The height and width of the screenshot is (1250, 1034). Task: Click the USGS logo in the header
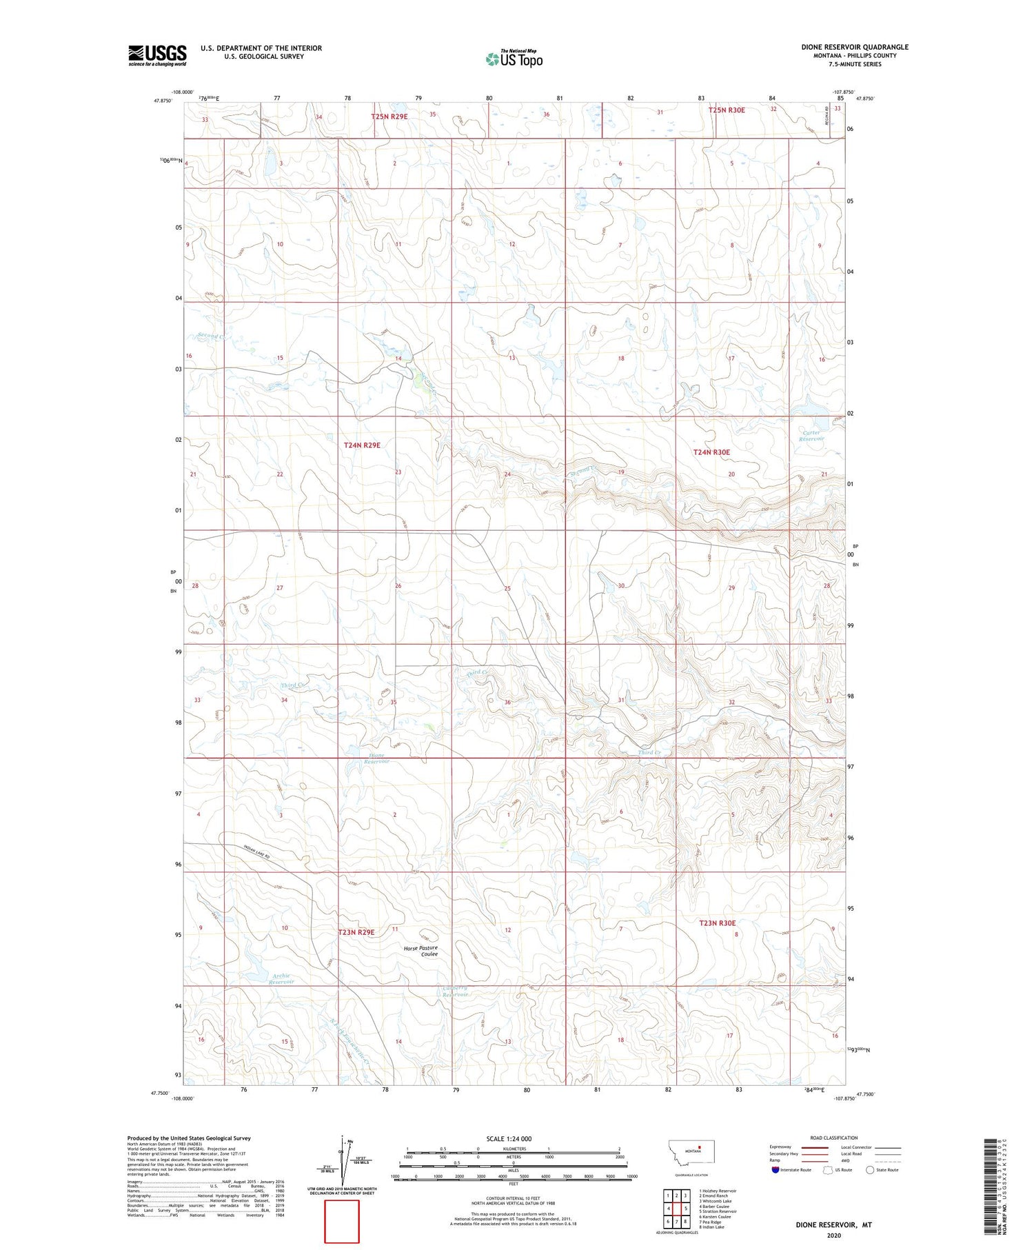coord(157,55)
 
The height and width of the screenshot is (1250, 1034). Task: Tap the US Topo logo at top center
coord(514,59)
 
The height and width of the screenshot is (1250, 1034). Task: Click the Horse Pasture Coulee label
coord(420,951)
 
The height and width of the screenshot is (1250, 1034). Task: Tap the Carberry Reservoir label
coord(455,991)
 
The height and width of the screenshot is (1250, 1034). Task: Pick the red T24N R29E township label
coord(362,445)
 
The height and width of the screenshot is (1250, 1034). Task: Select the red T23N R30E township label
coord(718,923)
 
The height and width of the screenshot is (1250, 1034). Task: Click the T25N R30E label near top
coord(727,110)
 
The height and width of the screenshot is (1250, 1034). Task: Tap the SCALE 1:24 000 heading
coord(509,1138)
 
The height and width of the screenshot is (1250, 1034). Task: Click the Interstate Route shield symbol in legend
coord(775,1170)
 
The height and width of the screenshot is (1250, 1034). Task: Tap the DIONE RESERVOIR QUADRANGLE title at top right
coord(855,47)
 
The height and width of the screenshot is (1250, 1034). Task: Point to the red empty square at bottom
coord(341,1221)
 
